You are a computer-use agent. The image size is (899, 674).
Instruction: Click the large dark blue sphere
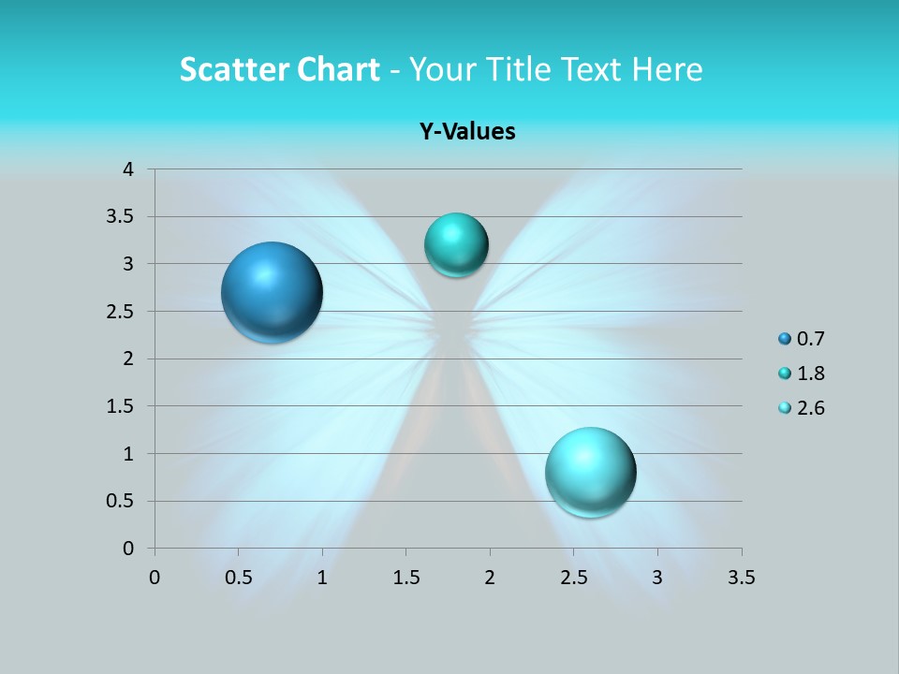tap(273, 292)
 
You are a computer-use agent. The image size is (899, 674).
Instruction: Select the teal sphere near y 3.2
tap(456, 245)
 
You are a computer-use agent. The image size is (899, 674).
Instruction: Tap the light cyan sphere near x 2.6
tap(591, 472)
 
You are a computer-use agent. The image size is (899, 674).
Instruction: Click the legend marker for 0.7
tap(785, 339)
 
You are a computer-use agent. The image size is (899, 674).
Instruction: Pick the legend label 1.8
tap(811, 374)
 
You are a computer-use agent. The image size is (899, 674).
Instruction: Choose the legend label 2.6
tap(811, 408)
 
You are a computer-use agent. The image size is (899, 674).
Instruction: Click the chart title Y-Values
tap(467, 131)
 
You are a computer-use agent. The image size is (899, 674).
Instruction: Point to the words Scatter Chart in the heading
tap(279, 69)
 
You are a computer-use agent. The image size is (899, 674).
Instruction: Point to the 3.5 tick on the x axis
tap(741, 578)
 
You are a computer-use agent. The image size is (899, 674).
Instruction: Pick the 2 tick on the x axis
tap(490, 578)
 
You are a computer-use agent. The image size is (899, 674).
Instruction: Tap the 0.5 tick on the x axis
tap(238, 578)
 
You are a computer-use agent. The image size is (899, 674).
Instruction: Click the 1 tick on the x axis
tap(322, 578)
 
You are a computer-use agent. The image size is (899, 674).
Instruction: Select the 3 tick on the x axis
tap(657, 578)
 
